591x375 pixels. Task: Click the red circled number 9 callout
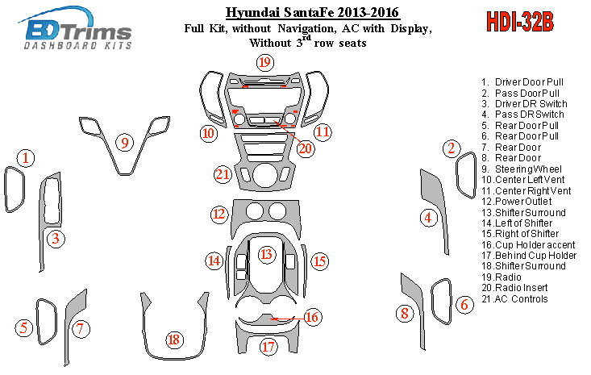(x=125, y=143)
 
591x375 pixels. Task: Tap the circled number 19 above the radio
(x=264, y=63)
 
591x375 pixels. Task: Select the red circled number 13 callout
(x=265, y=255)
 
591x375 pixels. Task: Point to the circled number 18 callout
(x=173, y=340)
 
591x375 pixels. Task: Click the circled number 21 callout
(x=223, y=174)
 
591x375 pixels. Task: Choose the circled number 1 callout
(x=27, y=157)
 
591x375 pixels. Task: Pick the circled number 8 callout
(x=406, y=313)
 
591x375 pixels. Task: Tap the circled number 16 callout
(x=311, y=317)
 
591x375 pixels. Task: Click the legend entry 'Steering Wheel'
(x=530, y=169)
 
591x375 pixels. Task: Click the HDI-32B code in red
(x=520, y=22)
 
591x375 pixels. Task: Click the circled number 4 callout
(x=430, y=217)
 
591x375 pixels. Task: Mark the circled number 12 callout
(x=219, y=214)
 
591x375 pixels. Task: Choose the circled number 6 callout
(x=464, y=304)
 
